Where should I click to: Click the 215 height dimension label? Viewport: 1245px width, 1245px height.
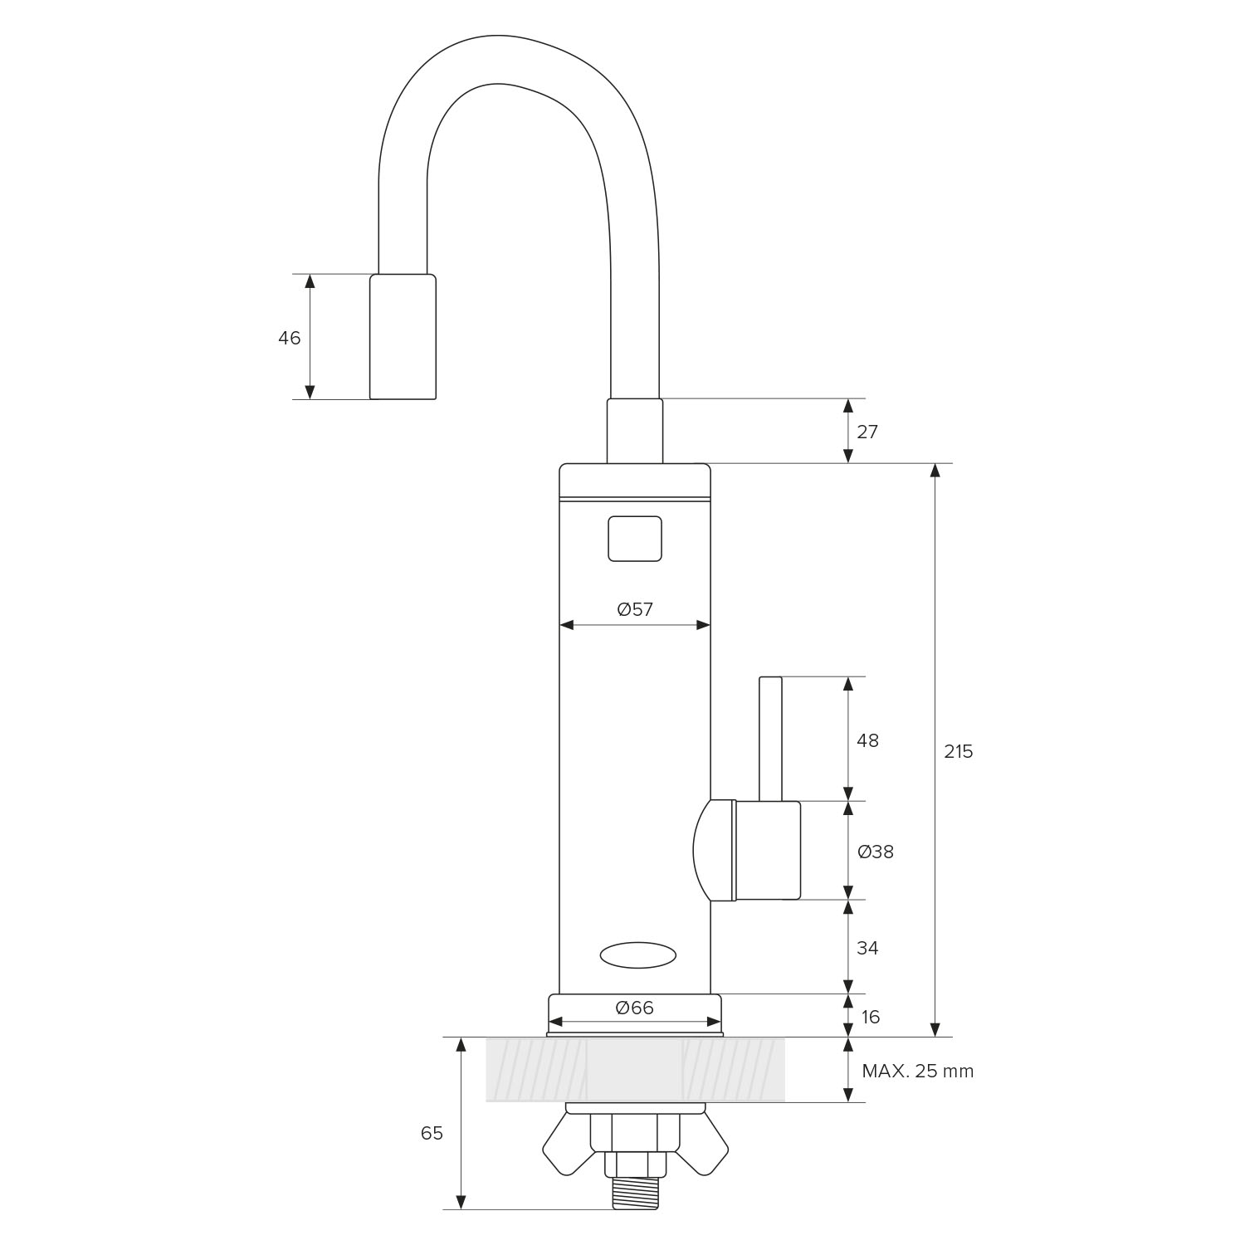[958, 751]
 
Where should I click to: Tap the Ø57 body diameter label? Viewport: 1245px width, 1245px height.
[635, 609]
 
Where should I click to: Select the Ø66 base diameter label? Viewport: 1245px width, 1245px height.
[635, 1008]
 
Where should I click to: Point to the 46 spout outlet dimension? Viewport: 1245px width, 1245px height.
[289, 338]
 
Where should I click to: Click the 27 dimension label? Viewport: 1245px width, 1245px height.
[867, 432]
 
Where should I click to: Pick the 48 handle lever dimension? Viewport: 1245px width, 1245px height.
[867, 740]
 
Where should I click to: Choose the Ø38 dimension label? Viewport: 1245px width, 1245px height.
[876, 852]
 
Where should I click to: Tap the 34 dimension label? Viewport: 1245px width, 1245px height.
[867, 948]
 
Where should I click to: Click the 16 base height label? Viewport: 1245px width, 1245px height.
[870, 1017]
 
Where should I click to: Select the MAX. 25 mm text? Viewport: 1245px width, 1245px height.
[918, 1071]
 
